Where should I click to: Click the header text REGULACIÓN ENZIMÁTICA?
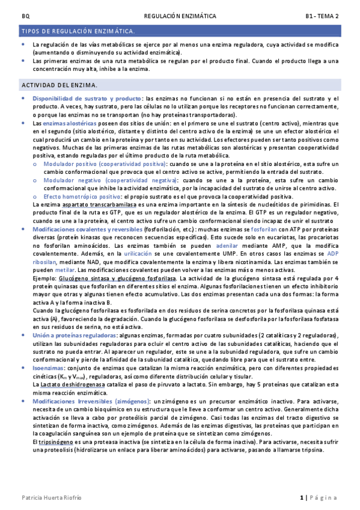[x=180, y=16]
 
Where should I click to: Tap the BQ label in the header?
[x=25, y=16]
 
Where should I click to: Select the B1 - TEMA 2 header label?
[x=322, y=16]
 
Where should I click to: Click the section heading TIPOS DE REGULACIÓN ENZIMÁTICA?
[x=78, y=30]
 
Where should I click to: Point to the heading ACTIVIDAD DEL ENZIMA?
[x=60, y=85]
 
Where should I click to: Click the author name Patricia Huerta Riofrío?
[x=52, y=498]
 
